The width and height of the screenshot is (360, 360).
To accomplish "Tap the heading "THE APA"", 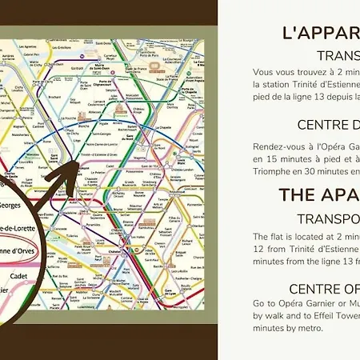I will click(x=319, y=195).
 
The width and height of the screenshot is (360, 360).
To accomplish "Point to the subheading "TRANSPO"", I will click(x=328, y=218).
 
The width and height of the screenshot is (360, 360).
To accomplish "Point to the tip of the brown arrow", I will click(x=77, y=162).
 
